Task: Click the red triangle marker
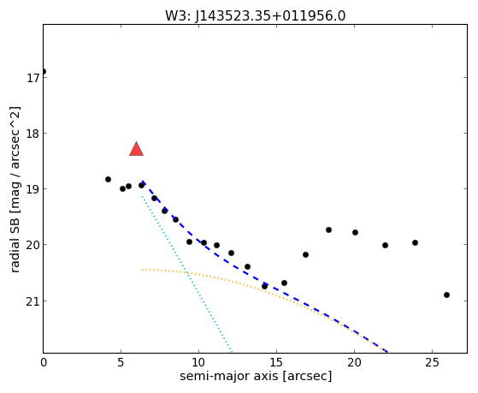pos(136,149)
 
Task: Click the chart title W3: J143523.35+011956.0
pos(256,16)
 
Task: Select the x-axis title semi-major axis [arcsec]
pos(256,376)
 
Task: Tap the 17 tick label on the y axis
pos(32,78)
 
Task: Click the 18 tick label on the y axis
pos(32,134)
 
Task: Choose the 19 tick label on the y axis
pos(32,189)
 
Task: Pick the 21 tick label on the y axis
pos(32,301)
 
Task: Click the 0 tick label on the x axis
pos(44,362)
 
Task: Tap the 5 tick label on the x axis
pos(121,362)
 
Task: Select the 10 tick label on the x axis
pos(198,362)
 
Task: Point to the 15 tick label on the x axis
pos(276,362)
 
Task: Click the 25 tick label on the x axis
pos(432,362)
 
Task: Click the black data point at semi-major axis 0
pos(44,71)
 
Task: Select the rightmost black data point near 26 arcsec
pos(447,295)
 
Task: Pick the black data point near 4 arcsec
pos(109,179)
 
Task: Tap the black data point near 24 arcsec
pos(415,243)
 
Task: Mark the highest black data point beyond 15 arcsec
pos(328,230)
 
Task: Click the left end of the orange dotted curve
pos(142,270)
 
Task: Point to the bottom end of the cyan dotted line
pos(232,350)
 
